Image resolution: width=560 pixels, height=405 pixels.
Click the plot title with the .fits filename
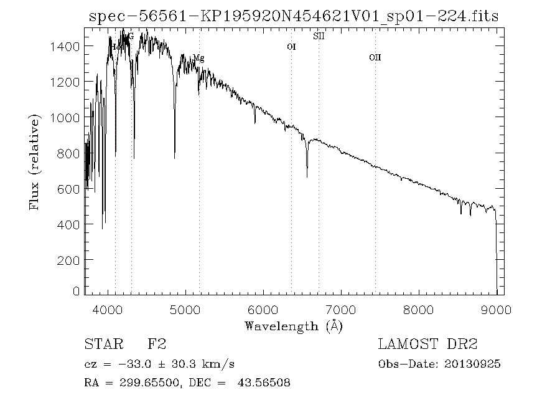pyautogui.click(x=293, y=15)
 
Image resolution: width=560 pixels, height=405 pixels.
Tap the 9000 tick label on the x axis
pyautogui.click(x=496, y=308)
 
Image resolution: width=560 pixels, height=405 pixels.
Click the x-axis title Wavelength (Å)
pyautogui.click(x=293, y=326)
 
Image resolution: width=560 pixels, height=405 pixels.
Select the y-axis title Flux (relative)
pyautogui.click(x=35, y=161)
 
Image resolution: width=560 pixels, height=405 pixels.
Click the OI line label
pyautogui.click(x=291, y=47)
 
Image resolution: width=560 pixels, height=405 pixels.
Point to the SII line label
pyautogui.click(x=319, y=36)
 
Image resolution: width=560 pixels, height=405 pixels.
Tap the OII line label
pyautogui.click(x=375, y=57)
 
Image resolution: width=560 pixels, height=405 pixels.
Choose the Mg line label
pyautogui.click(x=198, y=58)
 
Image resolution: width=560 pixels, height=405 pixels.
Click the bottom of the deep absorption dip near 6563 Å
pyautogui.click(x=307, y=176)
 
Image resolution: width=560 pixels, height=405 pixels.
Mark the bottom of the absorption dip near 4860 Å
pyautogui.click(x=175, y=158)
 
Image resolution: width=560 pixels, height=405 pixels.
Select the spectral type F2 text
pyautogui.click(x=156, y=344)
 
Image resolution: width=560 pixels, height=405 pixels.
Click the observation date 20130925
pyautogui.click(x=472, y=364)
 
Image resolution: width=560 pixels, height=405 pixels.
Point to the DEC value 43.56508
pyautogui.click(x=264, y=383)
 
